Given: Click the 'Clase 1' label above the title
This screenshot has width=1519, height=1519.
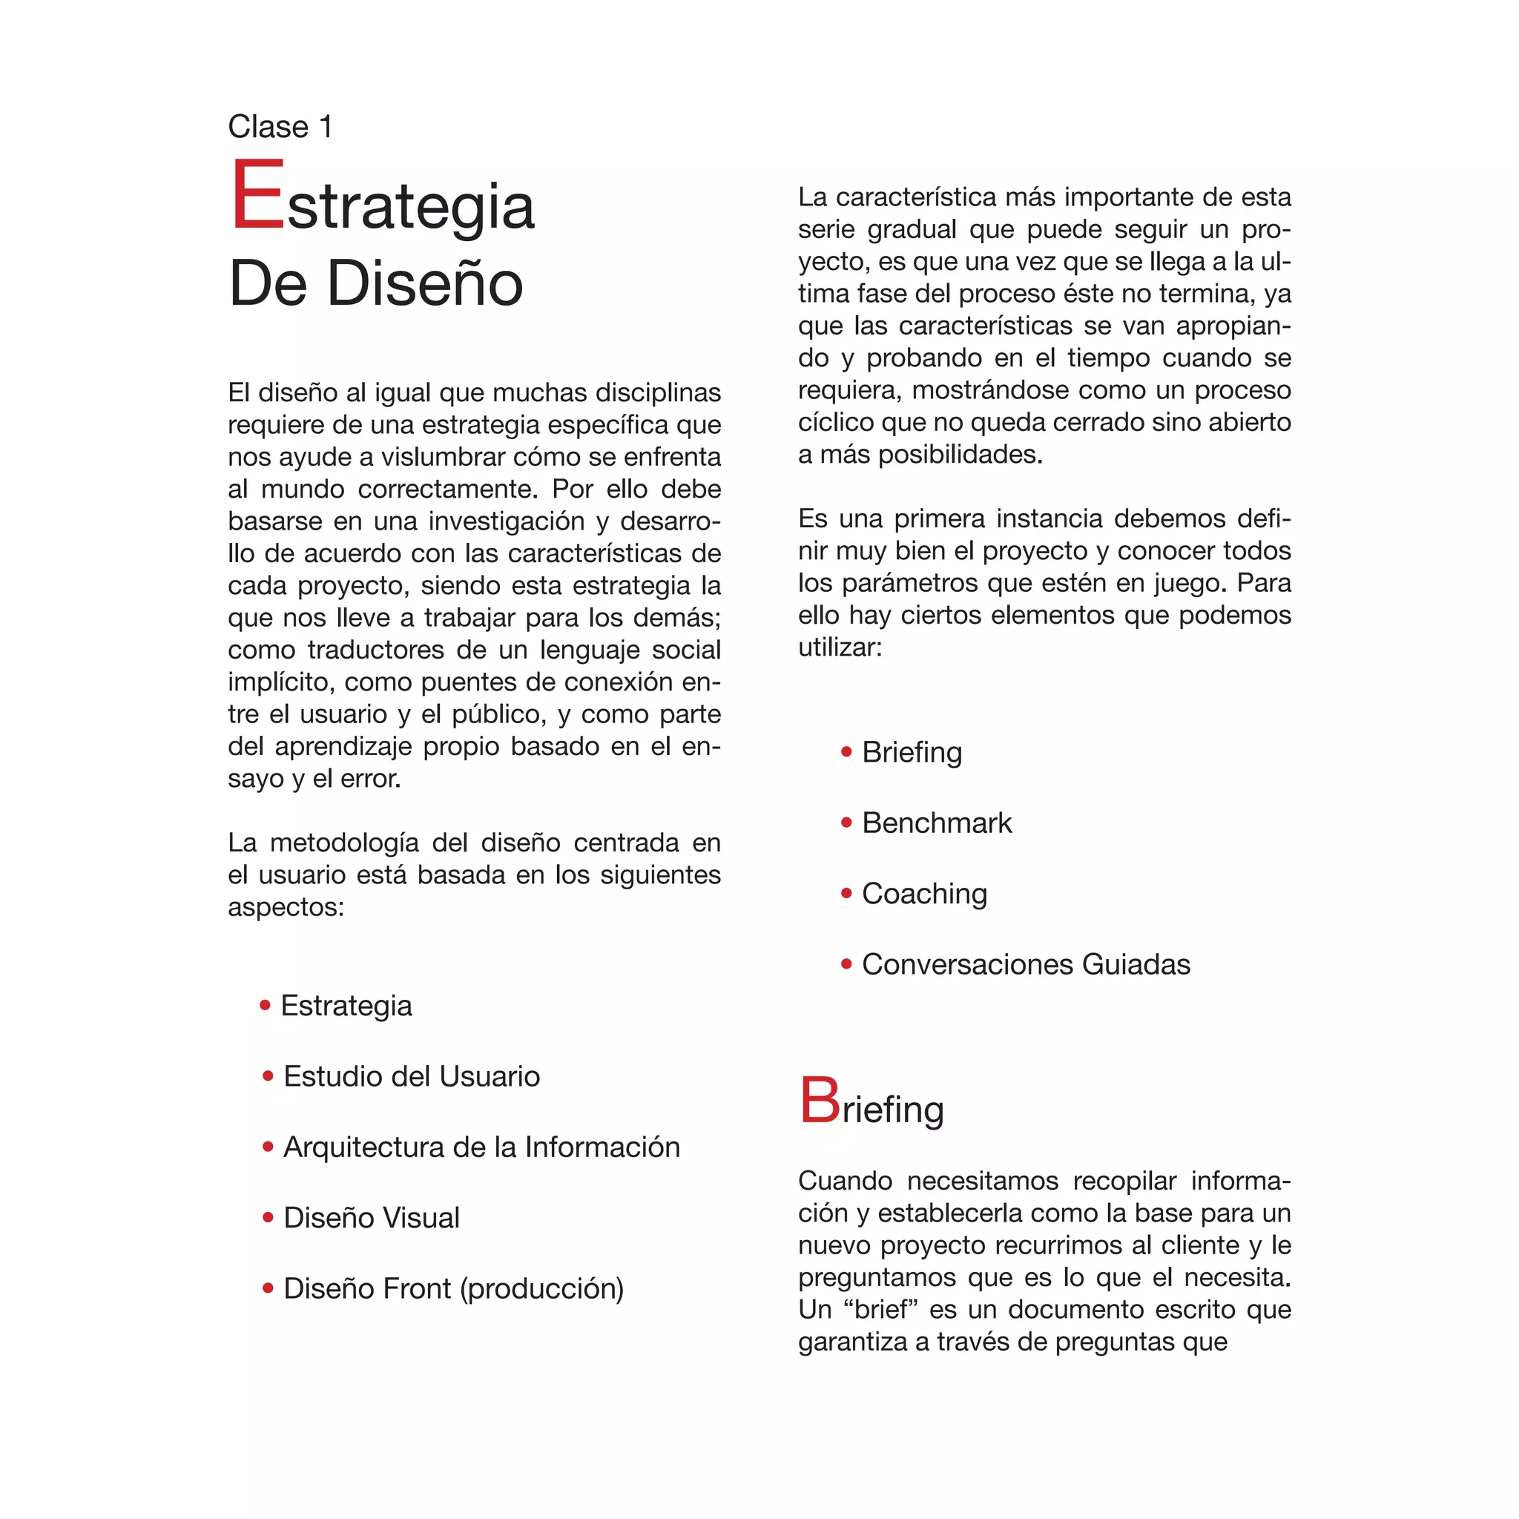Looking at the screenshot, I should pyautogui.click(x=280, y=127).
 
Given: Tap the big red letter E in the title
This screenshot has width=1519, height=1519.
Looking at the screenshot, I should pyautogui.click(x=257, y=194).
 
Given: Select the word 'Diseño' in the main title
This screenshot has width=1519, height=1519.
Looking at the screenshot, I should pyautogui.click(x=424, y=283).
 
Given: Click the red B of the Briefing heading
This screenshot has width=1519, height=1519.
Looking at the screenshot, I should pyautogui.click(x=820, y=1101).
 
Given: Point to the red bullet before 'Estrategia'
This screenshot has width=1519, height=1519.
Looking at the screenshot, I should pyautogui.click(x=265, y=1005).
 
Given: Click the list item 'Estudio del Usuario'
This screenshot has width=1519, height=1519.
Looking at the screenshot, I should pyautogui.click(x=411, y=1076).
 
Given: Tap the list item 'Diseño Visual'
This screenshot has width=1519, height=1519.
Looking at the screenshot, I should pyautogui.click(x=371, y=1218).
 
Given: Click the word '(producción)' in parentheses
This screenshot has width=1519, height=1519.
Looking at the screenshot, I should pyautogui.click(x=541, y=1288).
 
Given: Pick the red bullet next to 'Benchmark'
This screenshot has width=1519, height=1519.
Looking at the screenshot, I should pyautogui.click(x=846, y=823).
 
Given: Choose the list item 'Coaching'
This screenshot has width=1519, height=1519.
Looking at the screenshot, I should pyautogui.click(x=924, y=894).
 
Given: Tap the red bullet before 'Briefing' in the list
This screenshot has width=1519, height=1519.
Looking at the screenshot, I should pyautogui.click(x=846, y=752).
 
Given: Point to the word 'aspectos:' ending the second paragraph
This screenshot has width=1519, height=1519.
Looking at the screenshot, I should pyautogui.click(x=286, y=907).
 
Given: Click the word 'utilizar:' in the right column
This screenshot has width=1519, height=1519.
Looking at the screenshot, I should pyautogui.click(x=840, y=648).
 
